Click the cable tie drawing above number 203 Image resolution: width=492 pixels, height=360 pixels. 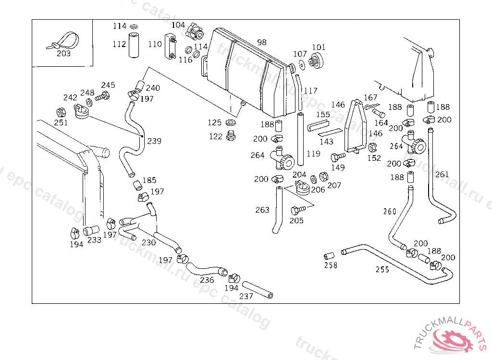click(x=63, y=41)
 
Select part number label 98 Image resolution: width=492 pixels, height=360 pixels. click(x=262, y=42)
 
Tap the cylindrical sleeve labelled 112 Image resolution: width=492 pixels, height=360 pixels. click(x=134, y=44)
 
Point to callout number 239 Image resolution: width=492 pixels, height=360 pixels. click(x=154, y=141)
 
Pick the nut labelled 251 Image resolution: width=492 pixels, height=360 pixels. click(x=61, y=113)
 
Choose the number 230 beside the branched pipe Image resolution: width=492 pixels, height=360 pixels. click(x=148, y=242)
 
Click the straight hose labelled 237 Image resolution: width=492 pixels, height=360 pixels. click(x=258, y=290)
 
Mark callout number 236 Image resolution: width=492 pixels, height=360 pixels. click(x=207, y=280)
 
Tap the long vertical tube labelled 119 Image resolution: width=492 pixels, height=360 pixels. click(x=300, y=139)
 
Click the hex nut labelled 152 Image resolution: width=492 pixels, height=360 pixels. click(x=372, y=147)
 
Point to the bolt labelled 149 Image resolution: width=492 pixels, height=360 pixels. click(x=338, y=156)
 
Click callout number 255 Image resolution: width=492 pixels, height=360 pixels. click(x=382, y=269)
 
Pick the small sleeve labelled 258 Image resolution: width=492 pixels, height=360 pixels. click(x=329, y=256)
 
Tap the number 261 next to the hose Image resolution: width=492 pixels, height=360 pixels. click(x=442, y=174)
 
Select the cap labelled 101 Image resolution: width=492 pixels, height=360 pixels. click(x=316, y=60)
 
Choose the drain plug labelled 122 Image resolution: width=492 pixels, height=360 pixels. click(x=231, y=135)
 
